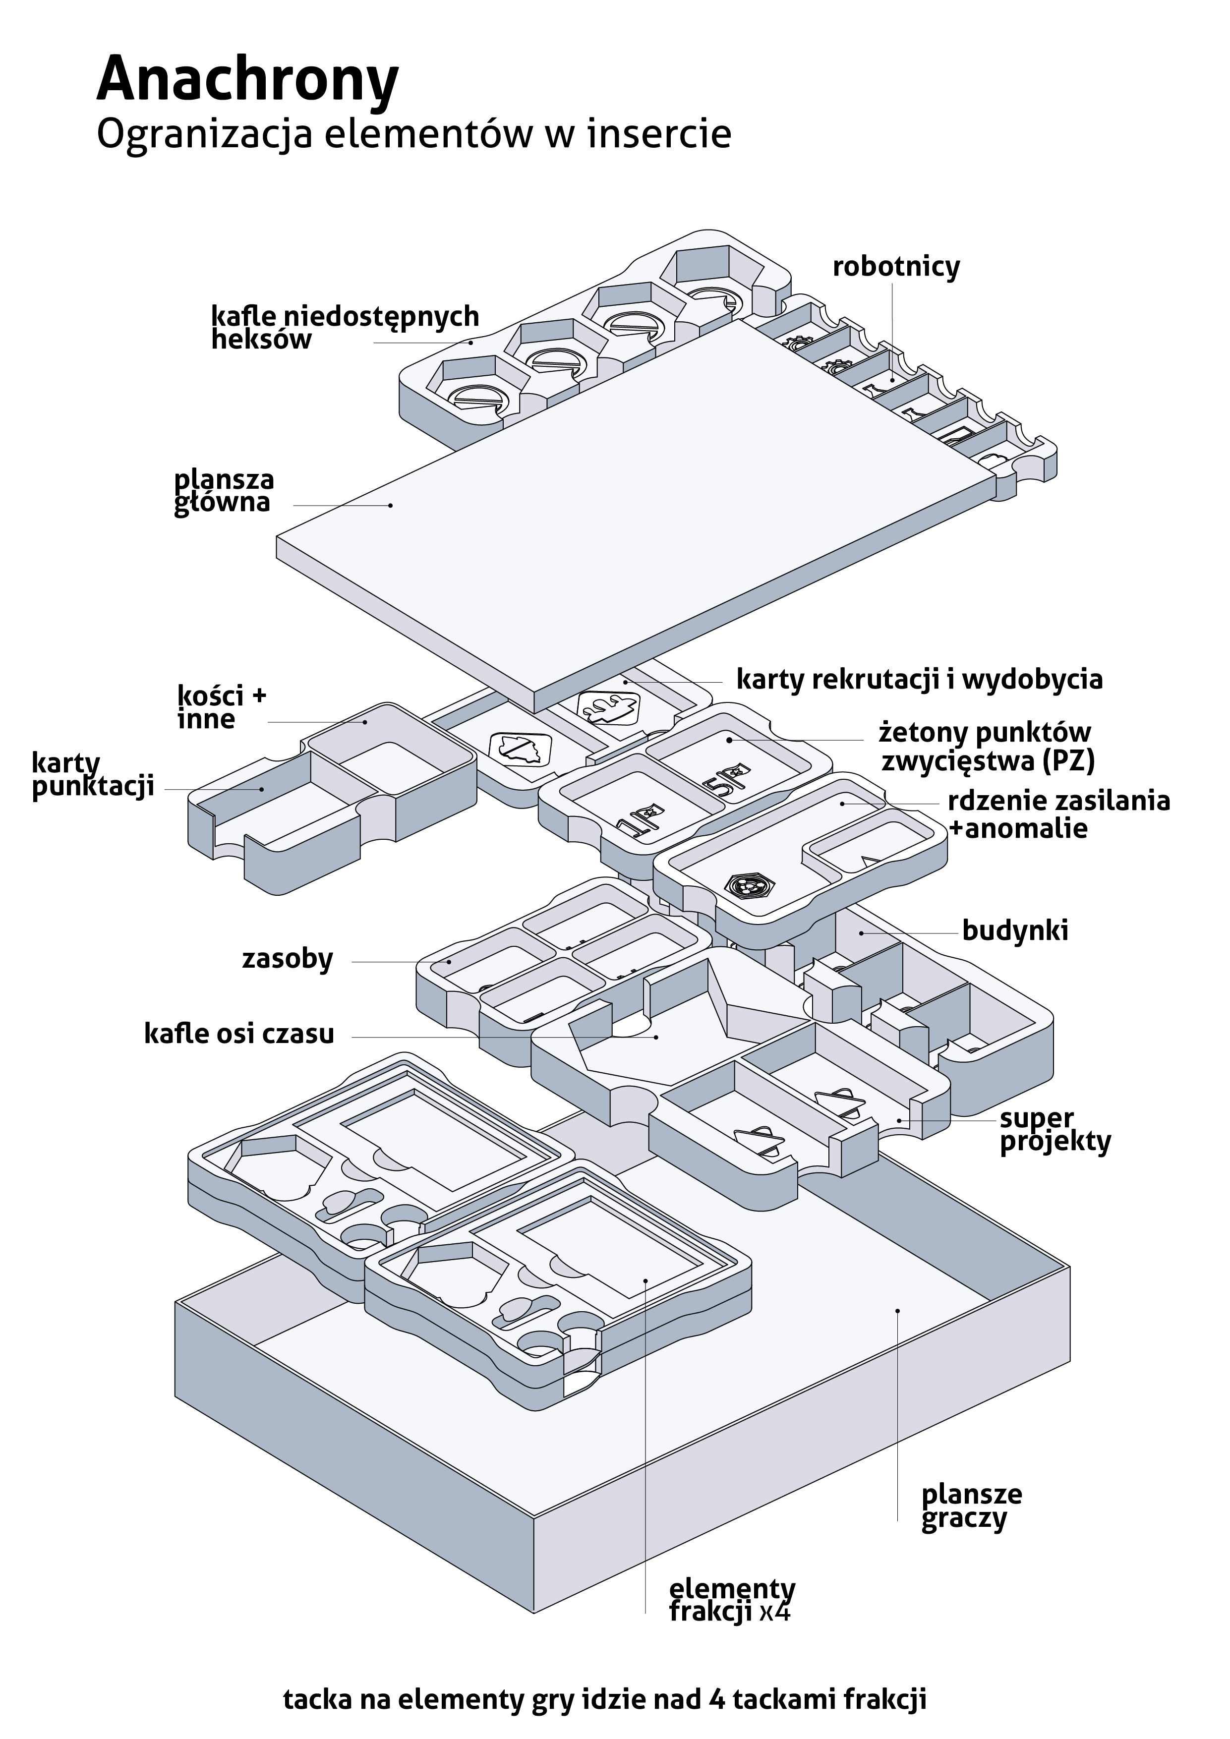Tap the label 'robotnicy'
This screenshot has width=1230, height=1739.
896,267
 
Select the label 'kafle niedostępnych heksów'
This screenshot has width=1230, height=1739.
345,327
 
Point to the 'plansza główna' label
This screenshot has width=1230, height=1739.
224,492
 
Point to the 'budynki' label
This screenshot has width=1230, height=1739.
1015,930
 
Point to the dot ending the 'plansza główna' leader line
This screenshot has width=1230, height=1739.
391,505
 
